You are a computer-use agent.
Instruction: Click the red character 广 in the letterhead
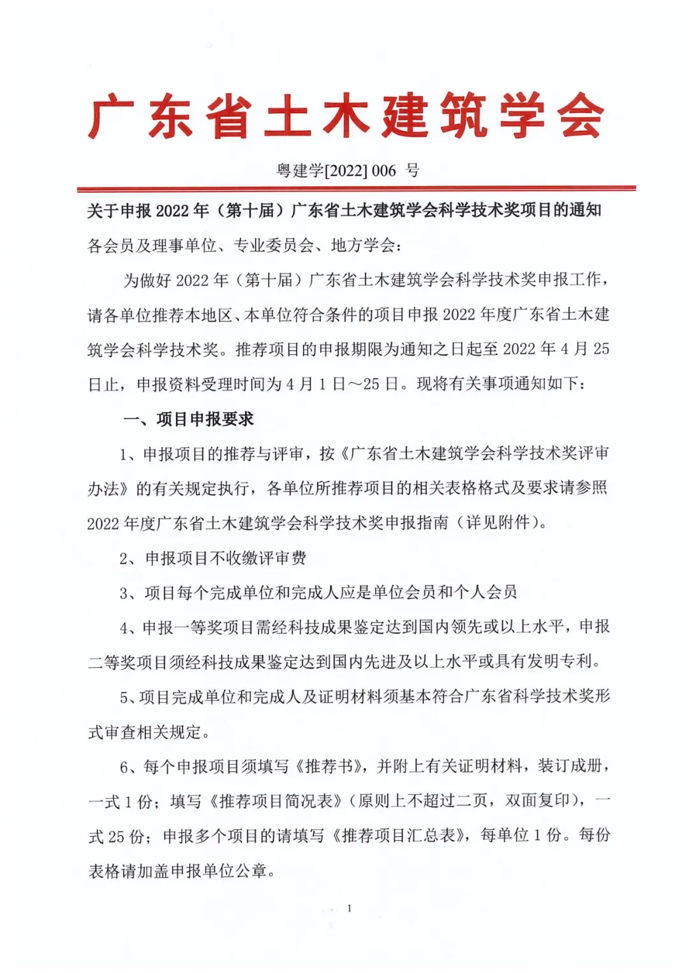[110, 117]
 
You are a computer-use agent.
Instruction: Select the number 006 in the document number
[384, 171]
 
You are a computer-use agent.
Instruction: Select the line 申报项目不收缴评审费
[226, 558]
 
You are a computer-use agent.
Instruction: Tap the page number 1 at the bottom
[349, 908]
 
